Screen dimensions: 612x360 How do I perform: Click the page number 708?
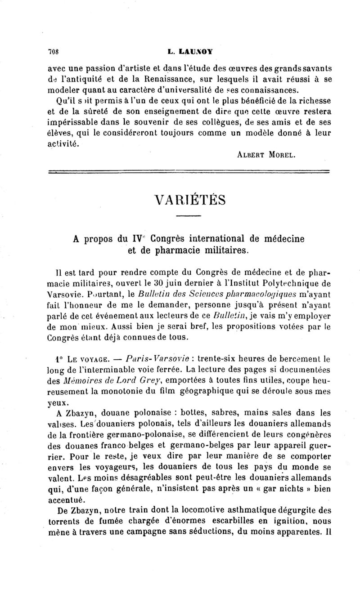tap(54, 52)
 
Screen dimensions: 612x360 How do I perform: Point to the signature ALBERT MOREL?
tap(266, 154)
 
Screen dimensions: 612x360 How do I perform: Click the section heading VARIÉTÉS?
tap(189, 199)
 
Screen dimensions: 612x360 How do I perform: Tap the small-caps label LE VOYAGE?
tap(81, 347)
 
